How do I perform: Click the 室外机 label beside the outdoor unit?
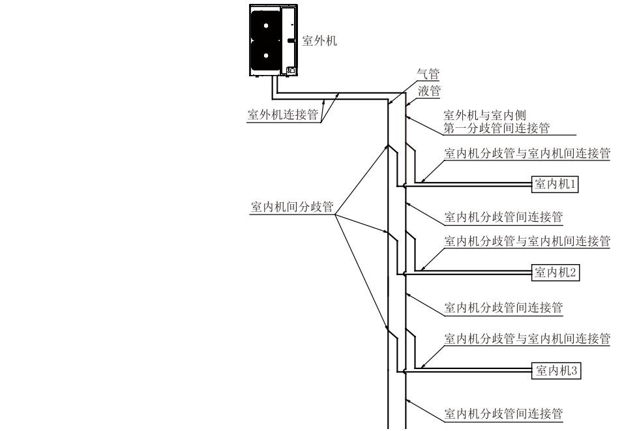coord(319,40)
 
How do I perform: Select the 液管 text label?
coord(428,90)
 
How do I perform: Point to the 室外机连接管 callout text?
coord(282,115)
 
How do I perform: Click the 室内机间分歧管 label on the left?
coord(292,207)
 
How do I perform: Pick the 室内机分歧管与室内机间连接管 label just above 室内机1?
coord(527,154)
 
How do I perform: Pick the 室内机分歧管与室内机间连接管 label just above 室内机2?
coord(527,241)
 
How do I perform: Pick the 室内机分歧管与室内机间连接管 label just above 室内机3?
coord(527,338)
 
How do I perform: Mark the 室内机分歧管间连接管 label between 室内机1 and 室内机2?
coord(503,216)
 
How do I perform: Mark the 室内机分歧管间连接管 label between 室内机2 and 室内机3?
coord(503,307)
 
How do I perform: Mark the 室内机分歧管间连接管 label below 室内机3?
coord(503,413)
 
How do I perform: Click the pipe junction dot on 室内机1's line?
coord(405,186)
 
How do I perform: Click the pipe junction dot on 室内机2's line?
coord(405,273)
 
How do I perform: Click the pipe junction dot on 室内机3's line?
coord(405,372)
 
